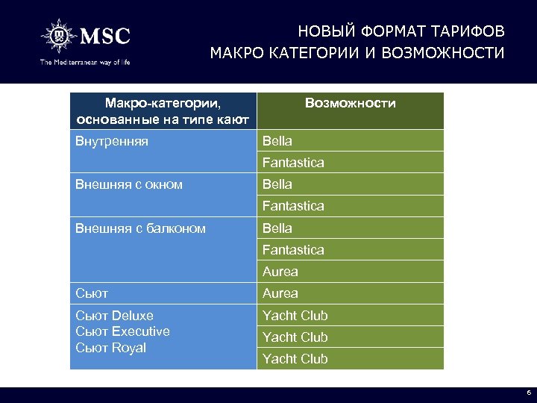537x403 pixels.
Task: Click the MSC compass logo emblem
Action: pyautogui.click(x=60, y=36)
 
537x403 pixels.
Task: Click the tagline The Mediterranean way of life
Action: pyautogui.click(x=85, y=62)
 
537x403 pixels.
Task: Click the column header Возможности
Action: pyautogui.click(x=350, y=103)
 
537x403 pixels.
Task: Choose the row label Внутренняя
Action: pyautogui.click(x=112, y=140)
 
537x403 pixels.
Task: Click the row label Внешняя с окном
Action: pyautogui.click(x=129, y=184)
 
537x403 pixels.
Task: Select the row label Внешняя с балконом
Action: pyautogui.click(x=140, y=228)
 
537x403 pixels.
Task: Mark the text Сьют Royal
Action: pyautogui.click(x=110, y=348)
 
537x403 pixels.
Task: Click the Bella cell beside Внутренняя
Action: pyautogui.click(x=277, y=140)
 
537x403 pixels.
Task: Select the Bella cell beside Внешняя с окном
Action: pyautogui.click(x=277, y=184)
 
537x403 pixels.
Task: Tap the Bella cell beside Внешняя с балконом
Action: pyautogui.click(x=277, y=228)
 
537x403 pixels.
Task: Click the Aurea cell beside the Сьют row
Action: pyautogui.click(x=280, y=293)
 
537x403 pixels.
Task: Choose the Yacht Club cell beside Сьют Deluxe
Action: pyautogui.click(x=295, y=315)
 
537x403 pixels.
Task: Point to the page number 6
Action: pyautogui.click(x=528, y=393)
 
